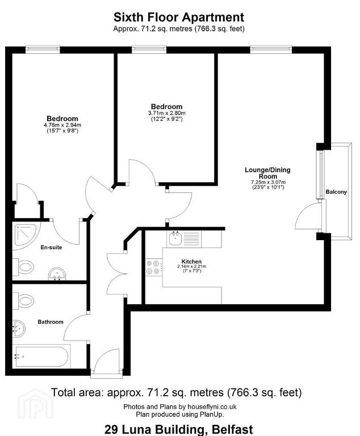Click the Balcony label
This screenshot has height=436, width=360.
336,192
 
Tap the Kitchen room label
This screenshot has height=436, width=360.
191,261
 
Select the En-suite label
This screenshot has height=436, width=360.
51,247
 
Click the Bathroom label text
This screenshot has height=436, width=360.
51,322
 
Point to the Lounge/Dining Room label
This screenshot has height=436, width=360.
267,173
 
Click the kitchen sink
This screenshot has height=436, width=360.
175,239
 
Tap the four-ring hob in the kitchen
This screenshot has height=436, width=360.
154,267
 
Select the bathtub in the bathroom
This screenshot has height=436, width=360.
41,357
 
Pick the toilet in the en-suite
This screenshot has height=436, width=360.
23,267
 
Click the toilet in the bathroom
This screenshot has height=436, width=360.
23,301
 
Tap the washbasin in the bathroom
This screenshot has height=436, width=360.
19,328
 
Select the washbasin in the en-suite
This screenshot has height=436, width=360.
57,274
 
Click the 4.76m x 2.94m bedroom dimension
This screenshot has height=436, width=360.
62,125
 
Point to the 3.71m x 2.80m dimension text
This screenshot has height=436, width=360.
167,113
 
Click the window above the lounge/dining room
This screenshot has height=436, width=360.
271,49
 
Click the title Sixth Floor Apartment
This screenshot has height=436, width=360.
179,17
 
